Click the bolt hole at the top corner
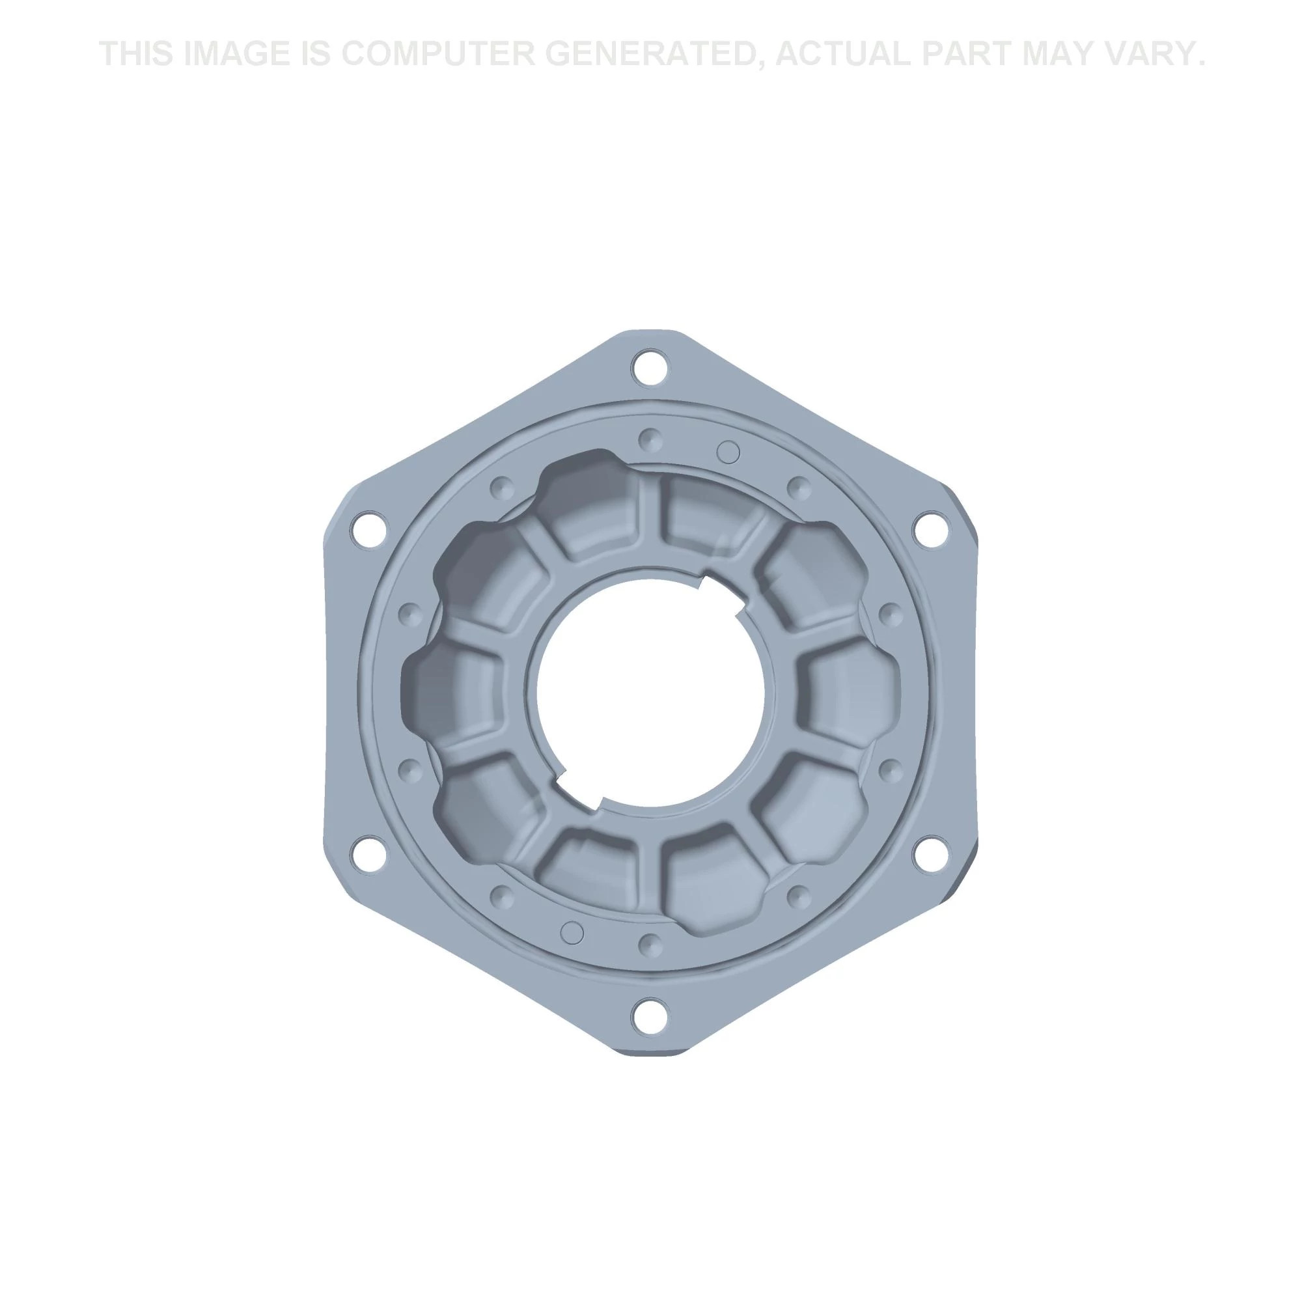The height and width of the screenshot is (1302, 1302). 650,368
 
